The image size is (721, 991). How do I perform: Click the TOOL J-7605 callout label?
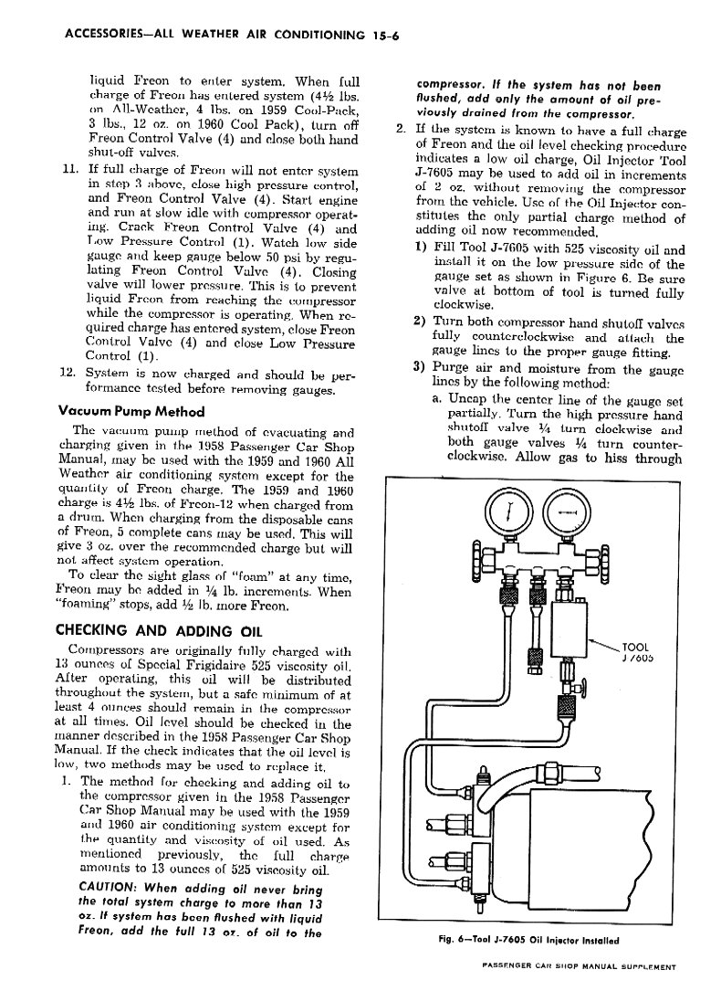[634, 654]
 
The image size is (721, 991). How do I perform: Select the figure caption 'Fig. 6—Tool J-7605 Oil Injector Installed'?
[529, 940]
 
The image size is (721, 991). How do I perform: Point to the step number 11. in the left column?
[69, 171]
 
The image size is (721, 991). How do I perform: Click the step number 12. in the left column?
[68, 373]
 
